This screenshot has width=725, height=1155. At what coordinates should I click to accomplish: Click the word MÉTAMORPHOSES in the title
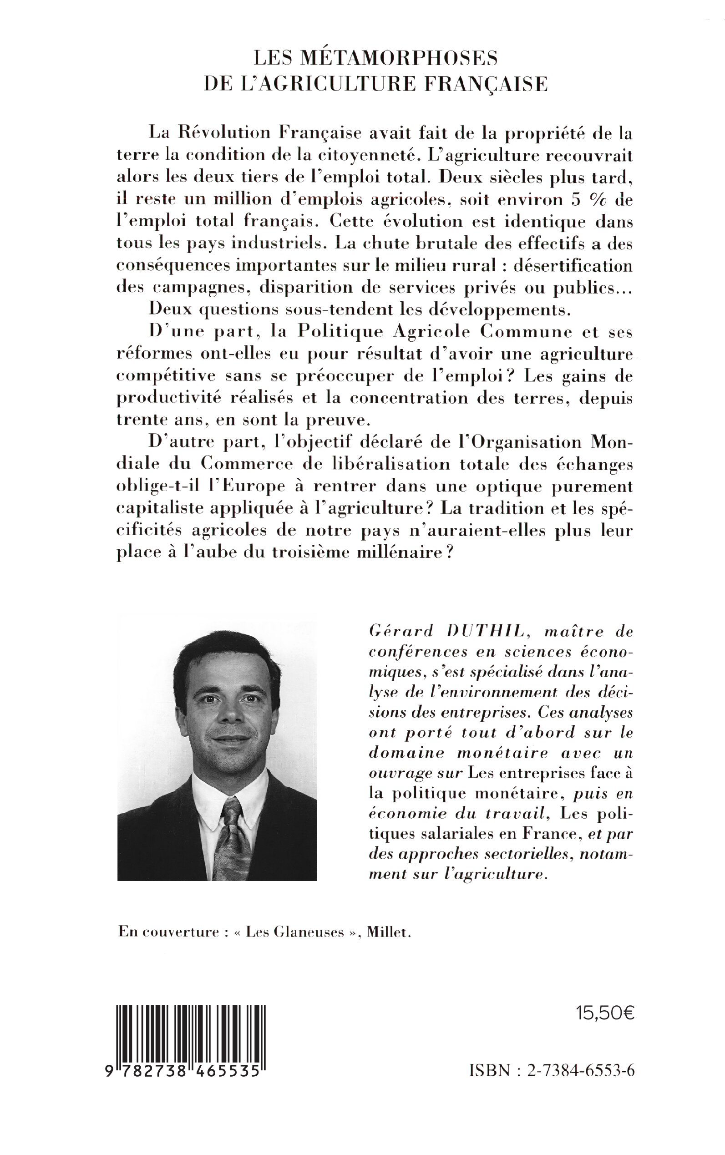(399, 59)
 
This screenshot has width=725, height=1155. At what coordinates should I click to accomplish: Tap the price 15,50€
(605, 1013)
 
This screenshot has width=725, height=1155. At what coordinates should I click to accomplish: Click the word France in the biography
(549, 834)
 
